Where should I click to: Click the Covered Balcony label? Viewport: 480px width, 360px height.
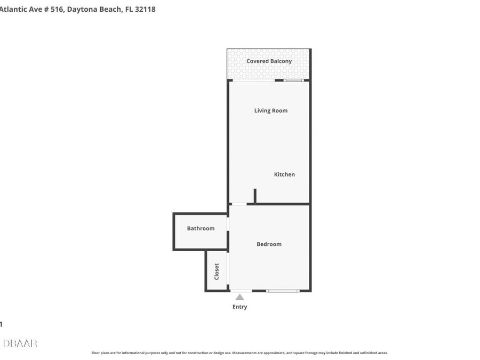(x=269, y=61)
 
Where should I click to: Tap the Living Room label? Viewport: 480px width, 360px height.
(x=270, y=111)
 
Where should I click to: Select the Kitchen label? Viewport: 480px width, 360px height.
(x=284, y=174)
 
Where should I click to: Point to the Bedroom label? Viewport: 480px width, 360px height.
(x=269, y=244)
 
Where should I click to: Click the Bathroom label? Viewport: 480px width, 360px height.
(x=201, y=228)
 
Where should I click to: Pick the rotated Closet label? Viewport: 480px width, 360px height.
(x=217, y=271)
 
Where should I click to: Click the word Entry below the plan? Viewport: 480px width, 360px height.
(x=239, y=307)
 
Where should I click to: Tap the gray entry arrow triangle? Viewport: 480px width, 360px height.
(x=240, y=297)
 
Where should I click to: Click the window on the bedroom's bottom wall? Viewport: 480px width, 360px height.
(x=283, y=291)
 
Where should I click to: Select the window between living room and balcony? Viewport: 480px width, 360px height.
(x=293, y=81)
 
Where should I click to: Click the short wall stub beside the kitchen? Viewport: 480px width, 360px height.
(x=255, y=196)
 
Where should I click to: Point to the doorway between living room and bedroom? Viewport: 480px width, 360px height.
(x=238, y=204)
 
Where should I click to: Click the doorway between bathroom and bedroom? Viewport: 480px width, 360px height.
(x=228, y=224)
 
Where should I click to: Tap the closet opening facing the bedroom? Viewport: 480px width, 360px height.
(x=228, y=271)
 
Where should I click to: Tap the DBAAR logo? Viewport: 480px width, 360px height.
(x=20, y=343)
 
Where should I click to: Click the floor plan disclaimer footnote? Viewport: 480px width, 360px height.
(x=239, y=353)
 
